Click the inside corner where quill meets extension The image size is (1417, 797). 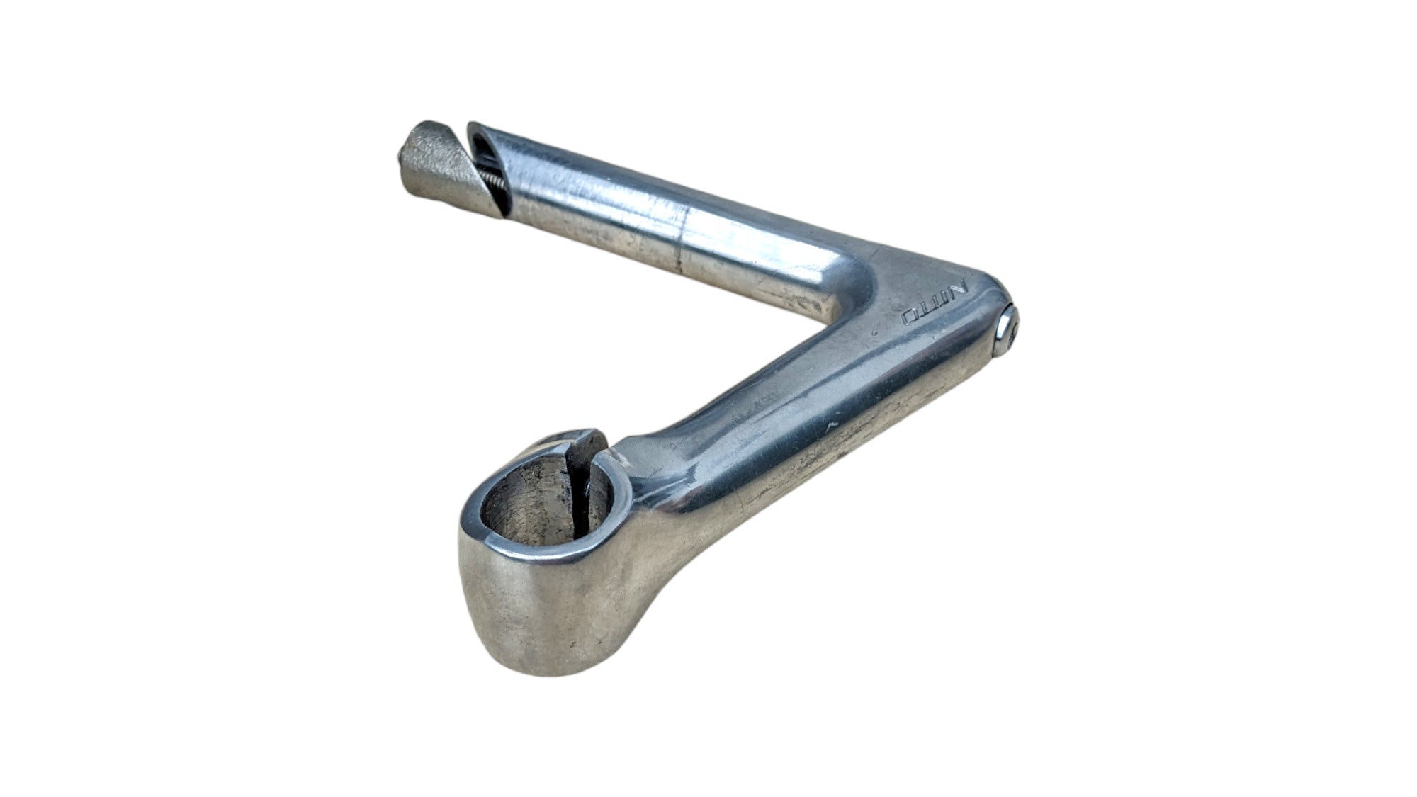(x=829, y=312)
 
